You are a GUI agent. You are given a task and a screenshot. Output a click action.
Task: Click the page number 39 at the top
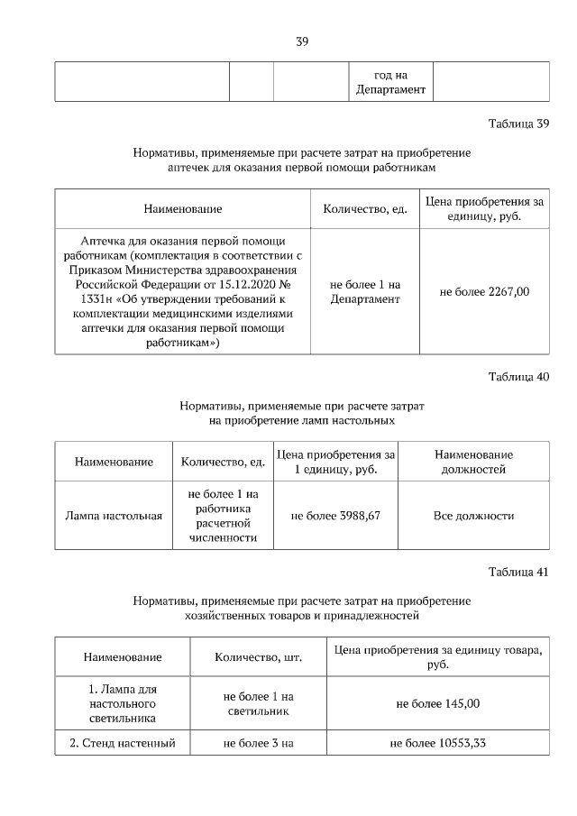coord(302,40)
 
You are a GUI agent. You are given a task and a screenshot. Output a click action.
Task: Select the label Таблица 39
coord(518,124)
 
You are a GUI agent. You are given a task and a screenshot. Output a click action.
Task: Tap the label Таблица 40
coord(518,376)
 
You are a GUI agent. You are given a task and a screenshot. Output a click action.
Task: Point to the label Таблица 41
coord(518,572)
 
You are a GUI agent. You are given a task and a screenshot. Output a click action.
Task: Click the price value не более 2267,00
coord(484,291)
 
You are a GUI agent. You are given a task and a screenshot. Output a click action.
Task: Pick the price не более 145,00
coord(438,703)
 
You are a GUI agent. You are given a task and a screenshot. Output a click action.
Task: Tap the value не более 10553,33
coord(438,743)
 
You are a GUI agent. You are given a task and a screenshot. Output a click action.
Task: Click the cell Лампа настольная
coord(114,516)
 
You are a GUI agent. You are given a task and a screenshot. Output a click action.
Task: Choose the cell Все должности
coord(473,516)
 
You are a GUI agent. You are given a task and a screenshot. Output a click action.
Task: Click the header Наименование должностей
coord(473,462)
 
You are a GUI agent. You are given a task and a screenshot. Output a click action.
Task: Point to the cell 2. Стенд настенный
coord(123,743)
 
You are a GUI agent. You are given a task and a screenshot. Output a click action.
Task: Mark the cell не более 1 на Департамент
coord(365,291)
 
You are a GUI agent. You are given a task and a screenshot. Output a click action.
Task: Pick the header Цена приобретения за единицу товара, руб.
coord(438,657)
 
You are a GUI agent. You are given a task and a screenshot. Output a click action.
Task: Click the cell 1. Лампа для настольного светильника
coord(123,703)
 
